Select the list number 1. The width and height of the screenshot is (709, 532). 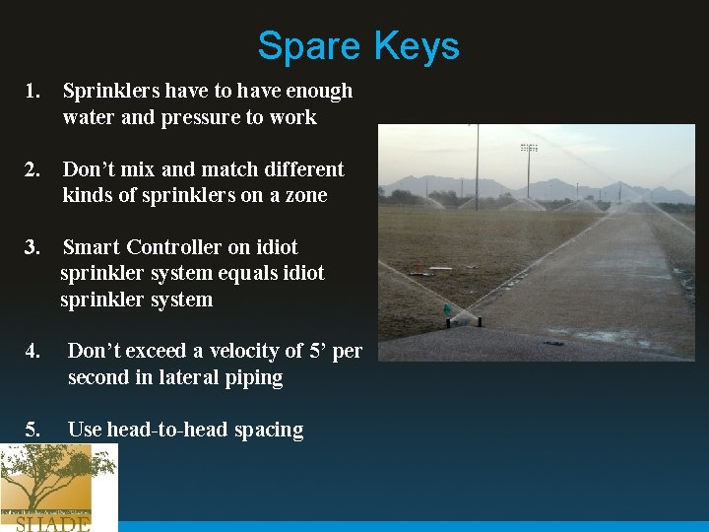click(x=32, y=92)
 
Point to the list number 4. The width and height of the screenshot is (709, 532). click(x=32, y=352)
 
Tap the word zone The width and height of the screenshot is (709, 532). click(x=304, y=195)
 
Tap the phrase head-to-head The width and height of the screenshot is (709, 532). click(x=159, y=430)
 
